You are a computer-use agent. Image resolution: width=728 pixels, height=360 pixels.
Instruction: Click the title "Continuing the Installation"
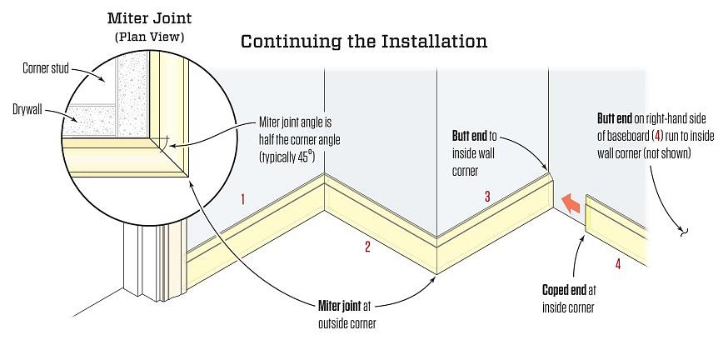coord(363,41)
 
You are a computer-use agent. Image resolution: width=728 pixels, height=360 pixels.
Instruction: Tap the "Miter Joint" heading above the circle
coord(151,18)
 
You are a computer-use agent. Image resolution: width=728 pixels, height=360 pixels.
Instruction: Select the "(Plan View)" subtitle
coord(151,36)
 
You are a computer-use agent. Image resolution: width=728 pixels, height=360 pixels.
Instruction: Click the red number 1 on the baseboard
coord(242,199)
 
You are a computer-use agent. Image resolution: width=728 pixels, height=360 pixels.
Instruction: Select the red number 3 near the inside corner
coord(487,197)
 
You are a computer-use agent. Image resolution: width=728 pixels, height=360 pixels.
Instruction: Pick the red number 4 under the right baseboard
coord(617,265)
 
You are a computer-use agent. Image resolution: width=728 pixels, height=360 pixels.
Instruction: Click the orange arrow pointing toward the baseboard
coord(569,202)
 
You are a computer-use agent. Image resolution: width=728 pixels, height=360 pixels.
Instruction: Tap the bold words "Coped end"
coord(563,292)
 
